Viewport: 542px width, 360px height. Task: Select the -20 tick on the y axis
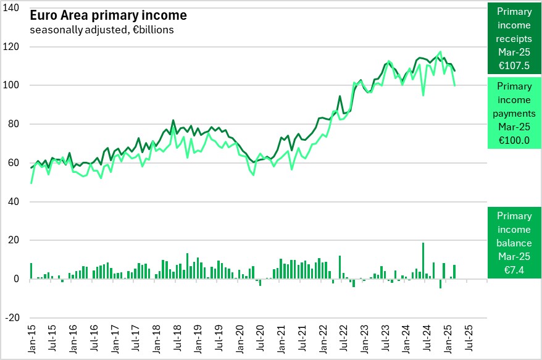point(12,318)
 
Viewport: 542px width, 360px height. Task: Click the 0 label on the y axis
point(17,279)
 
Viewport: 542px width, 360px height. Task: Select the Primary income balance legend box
point(514,242)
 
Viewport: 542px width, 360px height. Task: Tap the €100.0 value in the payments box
point(514,140)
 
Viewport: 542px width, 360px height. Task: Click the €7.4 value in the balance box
point(514,270)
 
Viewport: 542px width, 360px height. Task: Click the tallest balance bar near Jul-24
point(423,260)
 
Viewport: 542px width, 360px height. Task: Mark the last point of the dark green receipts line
point(455,70)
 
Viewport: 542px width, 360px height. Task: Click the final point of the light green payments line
point(455,85)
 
